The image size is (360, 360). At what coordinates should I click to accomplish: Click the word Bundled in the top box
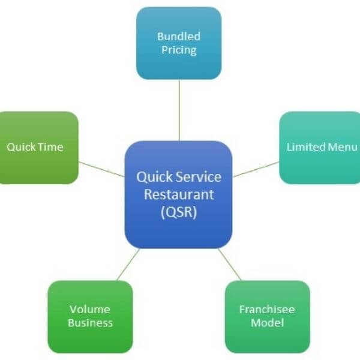point(179,36)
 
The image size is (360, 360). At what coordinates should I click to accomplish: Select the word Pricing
point(179,50)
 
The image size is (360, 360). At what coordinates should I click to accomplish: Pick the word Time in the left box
point(51,147)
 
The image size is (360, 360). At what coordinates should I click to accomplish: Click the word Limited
point(306,147)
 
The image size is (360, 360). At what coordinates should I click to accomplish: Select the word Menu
point(343,147)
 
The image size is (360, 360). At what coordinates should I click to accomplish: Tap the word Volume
point(90,310)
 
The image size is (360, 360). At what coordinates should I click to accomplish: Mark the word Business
point(90,323)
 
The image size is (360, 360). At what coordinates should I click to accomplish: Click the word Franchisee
point(267,310)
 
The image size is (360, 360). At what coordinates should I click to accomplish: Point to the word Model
point(267,323)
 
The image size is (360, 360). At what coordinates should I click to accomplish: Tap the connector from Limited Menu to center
point(256,169)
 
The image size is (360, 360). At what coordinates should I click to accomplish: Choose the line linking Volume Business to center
point(128,265)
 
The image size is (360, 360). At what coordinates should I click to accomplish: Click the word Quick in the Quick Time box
point(21,147)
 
